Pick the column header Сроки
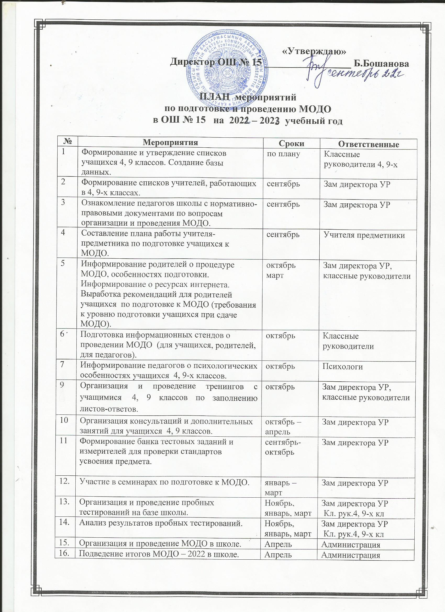[291, 143]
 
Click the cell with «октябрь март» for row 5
[281, 269]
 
